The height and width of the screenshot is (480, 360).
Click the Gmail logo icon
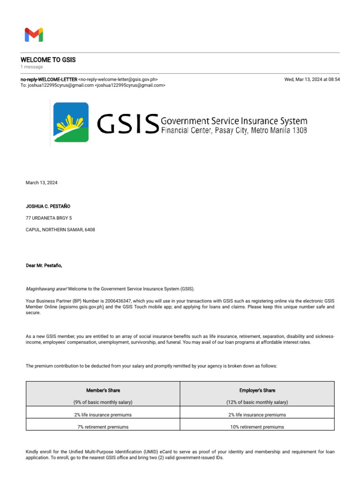point(34,35)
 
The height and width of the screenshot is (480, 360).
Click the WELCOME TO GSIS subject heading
point(48,60)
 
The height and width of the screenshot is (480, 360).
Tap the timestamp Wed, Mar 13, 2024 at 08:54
point(312,80)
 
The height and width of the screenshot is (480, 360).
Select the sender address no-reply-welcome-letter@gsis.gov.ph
point(118,80)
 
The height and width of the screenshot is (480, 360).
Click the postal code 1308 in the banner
point(299,130)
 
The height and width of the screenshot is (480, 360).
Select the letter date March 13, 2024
point(41,183)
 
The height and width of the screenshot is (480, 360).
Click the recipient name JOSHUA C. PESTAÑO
point(48,206)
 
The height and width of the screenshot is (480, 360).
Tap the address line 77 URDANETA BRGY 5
point(49,218)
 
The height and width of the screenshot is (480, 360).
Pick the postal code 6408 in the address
point(90,230)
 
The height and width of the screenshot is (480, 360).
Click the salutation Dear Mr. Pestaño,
point(44,265)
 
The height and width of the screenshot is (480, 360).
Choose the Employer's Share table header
point(257,390)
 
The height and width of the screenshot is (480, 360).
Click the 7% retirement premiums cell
point(103,427)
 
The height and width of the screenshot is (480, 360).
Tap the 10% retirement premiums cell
point(257,427)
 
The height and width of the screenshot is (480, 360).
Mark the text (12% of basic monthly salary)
point(257,402)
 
